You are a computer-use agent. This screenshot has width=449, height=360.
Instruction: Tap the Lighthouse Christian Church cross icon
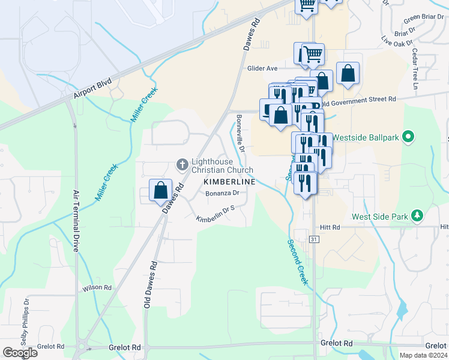[x=181, y=164]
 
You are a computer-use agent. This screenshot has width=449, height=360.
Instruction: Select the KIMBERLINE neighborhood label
[x=229, y=181]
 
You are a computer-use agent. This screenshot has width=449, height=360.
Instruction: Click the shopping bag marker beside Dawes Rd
[x=161, y=191]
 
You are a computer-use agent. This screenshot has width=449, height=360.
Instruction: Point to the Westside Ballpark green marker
[x=409, y=137]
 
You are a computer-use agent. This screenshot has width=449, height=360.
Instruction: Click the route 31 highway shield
[x=313, y=239]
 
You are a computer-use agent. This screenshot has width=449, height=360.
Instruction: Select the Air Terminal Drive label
[x=76, y=220]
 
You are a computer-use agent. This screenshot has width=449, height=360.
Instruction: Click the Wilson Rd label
[x=97, y=288]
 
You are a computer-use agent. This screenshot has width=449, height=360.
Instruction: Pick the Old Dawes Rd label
[x=149, y=284]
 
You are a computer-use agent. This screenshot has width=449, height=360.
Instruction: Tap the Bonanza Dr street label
[x=222, y=193]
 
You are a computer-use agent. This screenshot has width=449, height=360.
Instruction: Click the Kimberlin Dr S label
[x=214, y=214]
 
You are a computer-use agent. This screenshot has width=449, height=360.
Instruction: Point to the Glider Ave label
[x=262, y=68]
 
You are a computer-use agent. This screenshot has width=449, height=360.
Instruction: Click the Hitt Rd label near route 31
[x=330, y=227]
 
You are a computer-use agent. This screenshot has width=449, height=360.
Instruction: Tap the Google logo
[x=20, y=352]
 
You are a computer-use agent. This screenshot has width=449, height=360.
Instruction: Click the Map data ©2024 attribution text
[x=423, y=355]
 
